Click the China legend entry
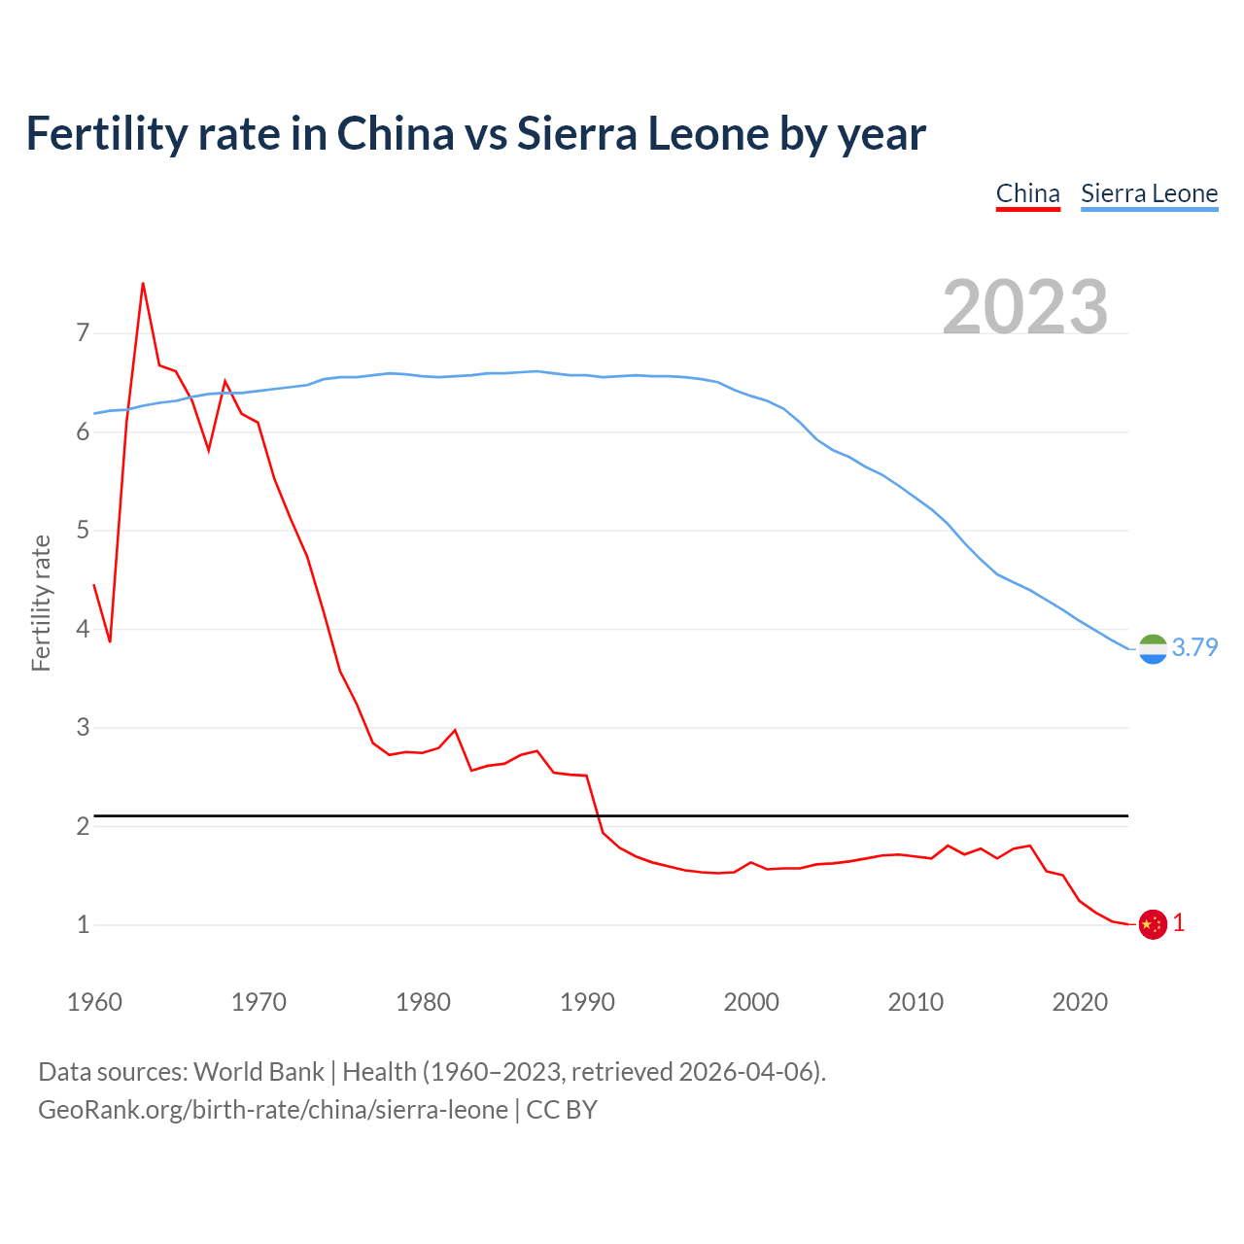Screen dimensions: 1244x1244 1027,193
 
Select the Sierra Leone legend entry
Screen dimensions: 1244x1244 1149,193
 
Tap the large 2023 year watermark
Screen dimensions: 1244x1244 1025,307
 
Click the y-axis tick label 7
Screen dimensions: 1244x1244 83,333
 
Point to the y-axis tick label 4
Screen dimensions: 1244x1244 83,629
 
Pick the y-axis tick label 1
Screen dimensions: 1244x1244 83,924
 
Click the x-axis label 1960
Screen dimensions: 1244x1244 94,1002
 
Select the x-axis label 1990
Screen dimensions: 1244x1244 587,1002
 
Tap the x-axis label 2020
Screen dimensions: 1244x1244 1080,1002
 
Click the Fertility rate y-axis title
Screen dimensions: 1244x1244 41,603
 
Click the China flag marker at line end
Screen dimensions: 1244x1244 1153,924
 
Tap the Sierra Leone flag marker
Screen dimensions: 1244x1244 1153,649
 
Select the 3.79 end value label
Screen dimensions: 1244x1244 1194,647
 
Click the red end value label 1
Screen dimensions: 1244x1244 1179,923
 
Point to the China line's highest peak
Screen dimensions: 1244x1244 143,284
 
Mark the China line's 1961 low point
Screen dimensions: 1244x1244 110,641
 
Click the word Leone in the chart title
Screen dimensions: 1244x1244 708,133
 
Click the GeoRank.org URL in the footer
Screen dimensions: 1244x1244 273,1110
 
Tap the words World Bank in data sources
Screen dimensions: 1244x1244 259,1072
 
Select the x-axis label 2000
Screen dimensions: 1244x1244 751,1002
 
